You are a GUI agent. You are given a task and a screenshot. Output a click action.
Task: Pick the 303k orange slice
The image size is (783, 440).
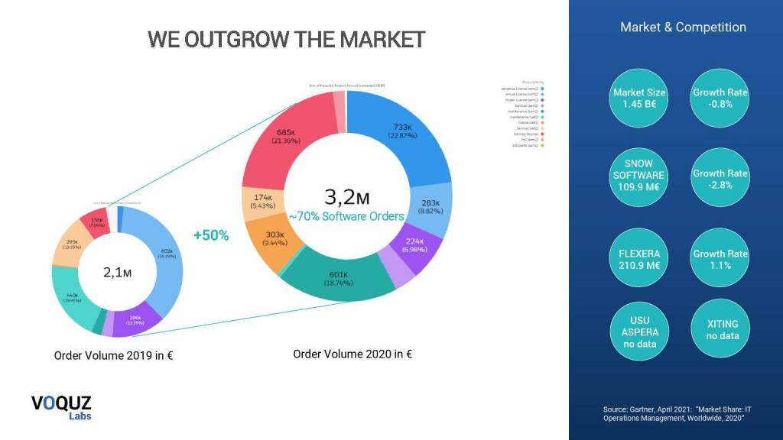point(273,238)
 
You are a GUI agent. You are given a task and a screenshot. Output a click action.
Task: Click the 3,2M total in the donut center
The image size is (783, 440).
point(346,197)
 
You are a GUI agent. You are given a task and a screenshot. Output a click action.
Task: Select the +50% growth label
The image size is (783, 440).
point(211,235)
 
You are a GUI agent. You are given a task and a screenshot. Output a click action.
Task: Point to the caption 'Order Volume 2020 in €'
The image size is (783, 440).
point(353,354)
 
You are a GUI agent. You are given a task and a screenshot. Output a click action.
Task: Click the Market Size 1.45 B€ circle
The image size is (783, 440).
point(639,98)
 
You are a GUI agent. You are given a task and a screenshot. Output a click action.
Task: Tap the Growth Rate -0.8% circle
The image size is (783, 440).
point(720,98)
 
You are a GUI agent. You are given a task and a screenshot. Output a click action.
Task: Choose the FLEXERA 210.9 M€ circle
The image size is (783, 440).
point(639,259)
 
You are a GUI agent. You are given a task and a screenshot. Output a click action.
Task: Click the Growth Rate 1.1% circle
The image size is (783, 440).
point(720,259)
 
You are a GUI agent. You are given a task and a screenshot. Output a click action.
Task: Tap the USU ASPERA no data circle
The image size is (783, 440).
point(639,332)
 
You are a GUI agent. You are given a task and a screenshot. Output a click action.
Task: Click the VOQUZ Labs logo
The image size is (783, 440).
point(61,407)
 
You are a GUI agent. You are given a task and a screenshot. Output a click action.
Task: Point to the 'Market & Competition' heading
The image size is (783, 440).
point(683,27)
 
